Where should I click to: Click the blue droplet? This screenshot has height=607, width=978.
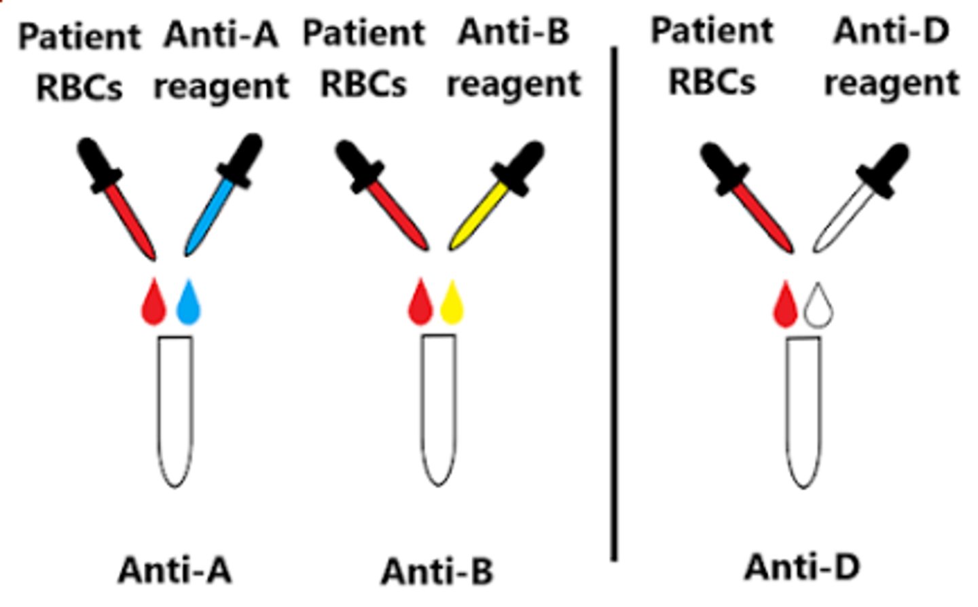[188, 303]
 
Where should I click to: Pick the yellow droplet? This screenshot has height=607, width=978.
[452, 303]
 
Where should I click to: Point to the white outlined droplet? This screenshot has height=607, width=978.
[818, 306]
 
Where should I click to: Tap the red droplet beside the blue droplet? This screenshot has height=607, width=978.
[153, 303]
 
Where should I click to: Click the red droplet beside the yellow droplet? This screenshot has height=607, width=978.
[420, 303]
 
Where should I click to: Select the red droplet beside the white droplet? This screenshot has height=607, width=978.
[785, 306]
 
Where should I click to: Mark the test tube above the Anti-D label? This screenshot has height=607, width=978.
[803, 411]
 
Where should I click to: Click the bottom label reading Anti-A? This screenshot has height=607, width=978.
[175, 570]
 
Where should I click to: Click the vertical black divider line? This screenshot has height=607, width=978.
[614, 306]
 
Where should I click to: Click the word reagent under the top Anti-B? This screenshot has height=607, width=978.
[513, 84]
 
